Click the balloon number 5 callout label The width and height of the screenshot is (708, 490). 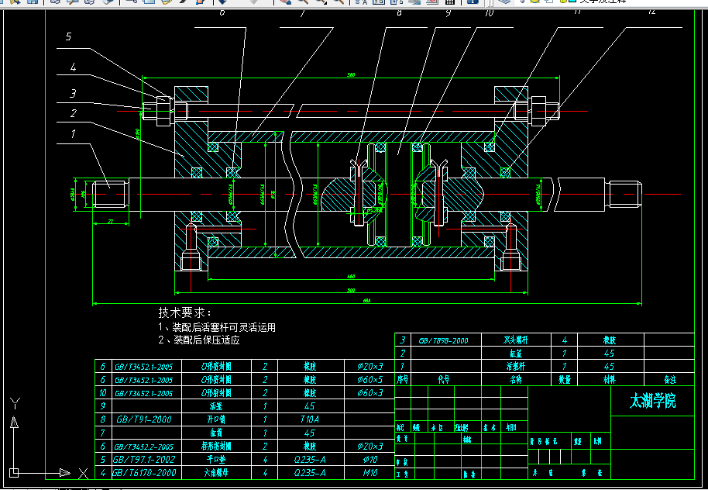68,36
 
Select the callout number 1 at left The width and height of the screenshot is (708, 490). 74,133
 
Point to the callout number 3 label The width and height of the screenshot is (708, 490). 73,94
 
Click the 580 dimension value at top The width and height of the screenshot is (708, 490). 351,75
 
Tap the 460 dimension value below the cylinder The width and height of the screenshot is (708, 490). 351,276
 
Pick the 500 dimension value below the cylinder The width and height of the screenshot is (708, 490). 351,291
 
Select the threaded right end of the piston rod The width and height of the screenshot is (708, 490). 625,193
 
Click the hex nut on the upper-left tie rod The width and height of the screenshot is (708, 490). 162,111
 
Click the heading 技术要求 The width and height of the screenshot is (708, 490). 184,312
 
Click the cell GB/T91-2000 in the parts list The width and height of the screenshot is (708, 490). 145,419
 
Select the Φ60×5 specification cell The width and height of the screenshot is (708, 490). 369,379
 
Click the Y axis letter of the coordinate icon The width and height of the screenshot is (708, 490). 13,403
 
